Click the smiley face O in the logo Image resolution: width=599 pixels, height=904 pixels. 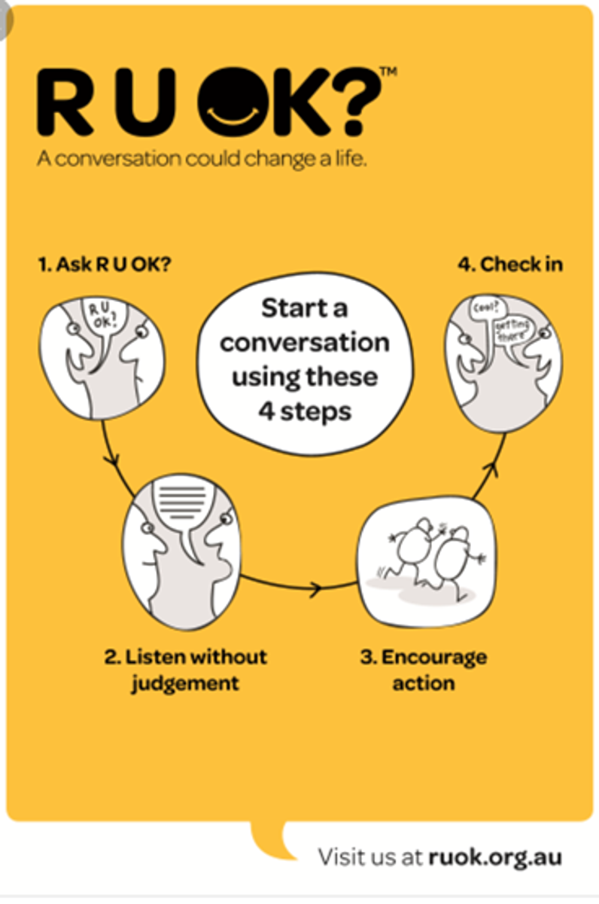234,102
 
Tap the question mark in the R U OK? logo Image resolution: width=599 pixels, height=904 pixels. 361,102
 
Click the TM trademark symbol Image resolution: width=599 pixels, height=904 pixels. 389,72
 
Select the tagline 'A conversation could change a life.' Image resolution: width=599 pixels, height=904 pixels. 202,159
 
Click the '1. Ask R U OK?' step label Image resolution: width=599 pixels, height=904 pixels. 105,264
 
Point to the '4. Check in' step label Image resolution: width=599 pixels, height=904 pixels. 510,264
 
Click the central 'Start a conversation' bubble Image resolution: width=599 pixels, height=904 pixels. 305,364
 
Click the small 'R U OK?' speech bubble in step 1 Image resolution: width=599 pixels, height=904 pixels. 104,323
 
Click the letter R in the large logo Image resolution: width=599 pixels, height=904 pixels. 65,102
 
